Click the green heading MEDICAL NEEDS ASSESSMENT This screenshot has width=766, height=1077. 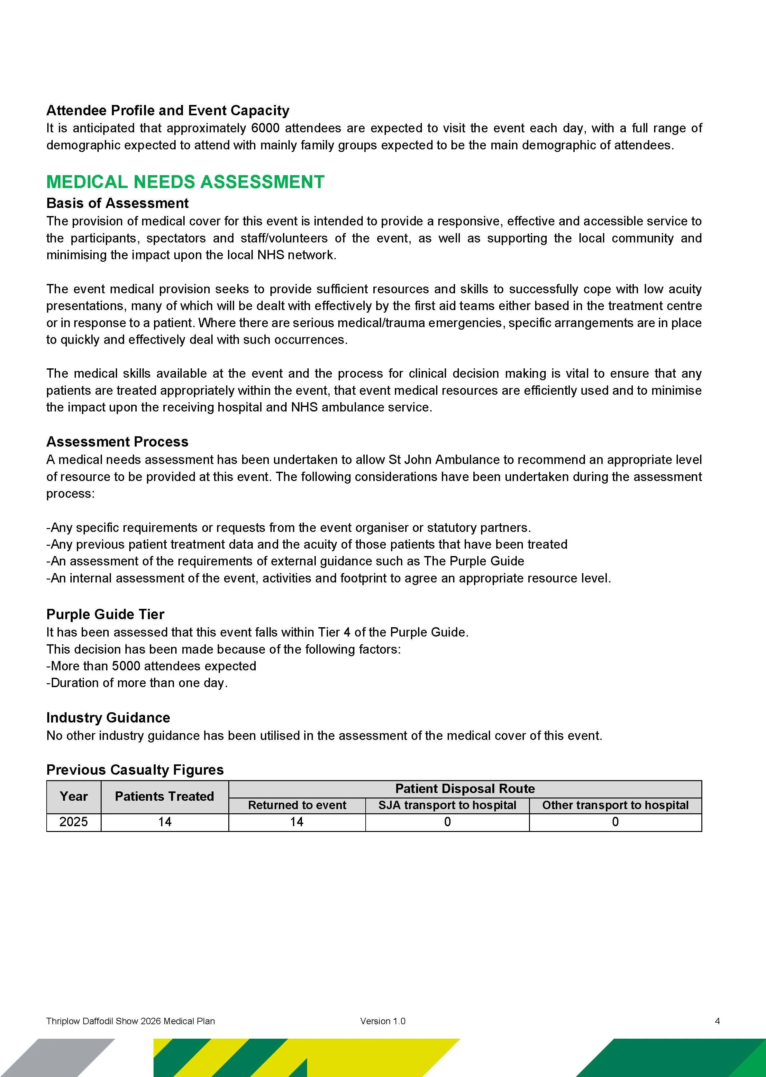(x=185, y=182)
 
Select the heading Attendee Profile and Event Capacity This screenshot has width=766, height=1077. (x=168, y=110)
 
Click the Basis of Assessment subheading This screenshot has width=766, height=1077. (x=117, y=203)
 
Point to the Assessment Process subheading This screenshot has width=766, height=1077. (x=117, y=441)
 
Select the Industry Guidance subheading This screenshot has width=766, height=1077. (x=108, y=717)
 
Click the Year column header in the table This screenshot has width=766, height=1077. (x=74, y=797)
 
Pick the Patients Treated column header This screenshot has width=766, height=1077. (x=164, y=797)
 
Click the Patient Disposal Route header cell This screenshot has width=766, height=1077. (x=465, y=789)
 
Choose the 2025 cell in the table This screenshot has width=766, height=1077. (x=74, y=822)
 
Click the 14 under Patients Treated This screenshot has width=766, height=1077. (x=164, y=822)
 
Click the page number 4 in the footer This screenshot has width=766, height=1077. (x=717, y=1021)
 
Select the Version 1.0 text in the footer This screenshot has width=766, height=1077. (x=383, y=1021)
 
